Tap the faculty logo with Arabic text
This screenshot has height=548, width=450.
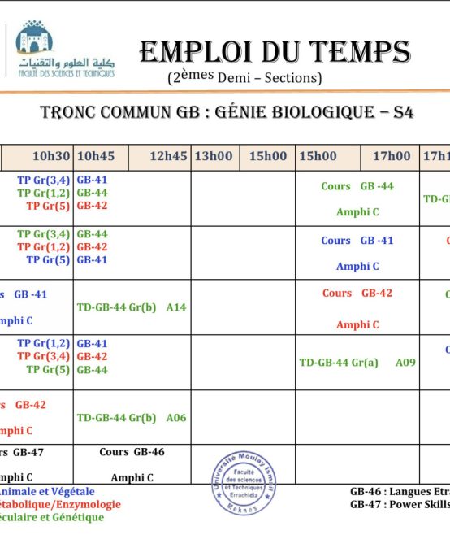pyautogui.click(x=66, y=50)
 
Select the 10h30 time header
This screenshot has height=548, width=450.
pyautogui.click(x=51, y=156)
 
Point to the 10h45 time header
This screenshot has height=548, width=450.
pyautogui.click(x=95, y=156)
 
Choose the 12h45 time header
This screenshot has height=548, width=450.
pyautogui.click(x=168, y=156)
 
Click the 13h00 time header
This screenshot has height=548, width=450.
pyautogui.click(x=212, y=156)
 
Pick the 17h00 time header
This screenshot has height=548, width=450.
pyautogui.click(x=392, y=156)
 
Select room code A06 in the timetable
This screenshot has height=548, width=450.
pyautogui.click(x=176, y=418)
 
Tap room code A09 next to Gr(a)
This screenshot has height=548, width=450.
pyautogui.click(x=405, y=363)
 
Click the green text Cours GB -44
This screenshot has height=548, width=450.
pyautogui.click(x=357, y=186)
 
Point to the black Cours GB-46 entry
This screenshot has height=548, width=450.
pyautogui.click(x=132, y=451)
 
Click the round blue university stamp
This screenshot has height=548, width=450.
pyautogui.click(x=244, y=482)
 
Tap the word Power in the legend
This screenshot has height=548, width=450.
pyautogui.click(x=413, y=503)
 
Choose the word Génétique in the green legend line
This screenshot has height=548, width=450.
pyautogui.click(x=80, y=517)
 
